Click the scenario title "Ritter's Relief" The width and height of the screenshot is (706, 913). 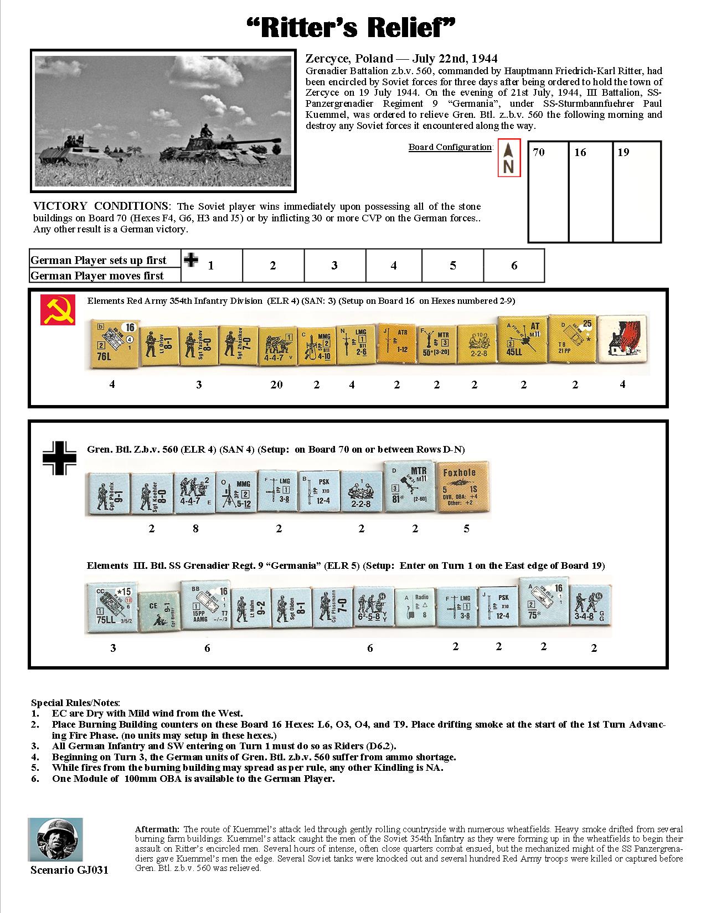point(353,27)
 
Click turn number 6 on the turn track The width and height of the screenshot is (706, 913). point(514,266)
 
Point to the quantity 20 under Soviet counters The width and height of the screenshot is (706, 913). point(276,385)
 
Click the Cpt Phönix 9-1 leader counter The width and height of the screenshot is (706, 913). point(106,494)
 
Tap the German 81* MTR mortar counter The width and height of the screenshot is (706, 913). point(409,487)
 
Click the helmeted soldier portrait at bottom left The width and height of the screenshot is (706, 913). point(55,839)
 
